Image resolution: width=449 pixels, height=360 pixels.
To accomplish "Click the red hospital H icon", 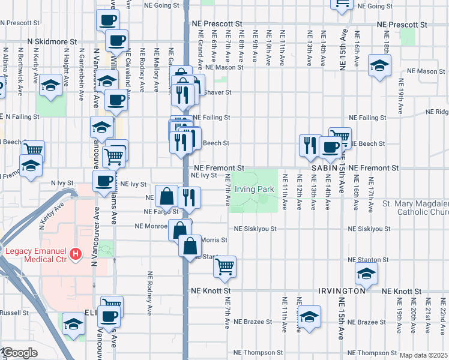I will pos(76,254).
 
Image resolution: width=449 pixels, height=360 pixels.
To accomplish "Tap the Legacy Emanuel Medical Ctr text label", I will pos(36,254).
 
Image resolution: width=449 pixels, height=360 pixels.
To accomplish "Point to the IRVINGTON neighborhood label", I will pos(342,290).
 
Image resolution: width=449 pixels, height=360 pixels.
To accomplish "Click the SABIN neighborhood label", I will pos(325,169).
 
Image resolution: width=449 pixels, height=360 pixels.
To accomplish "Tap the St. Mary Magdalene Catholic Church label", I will pos(415,208).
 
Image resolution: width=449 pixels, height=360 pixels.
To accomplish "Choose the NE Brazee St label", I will pos(253,322).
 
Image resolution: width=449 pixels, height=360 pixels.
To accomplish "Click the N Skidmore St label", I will pos(52,43).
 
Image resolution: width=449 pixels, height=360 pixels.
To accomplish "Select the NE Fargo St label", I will pos(161,212).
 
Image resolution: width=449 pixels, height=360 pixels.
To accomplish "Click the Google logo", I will pos(20,353).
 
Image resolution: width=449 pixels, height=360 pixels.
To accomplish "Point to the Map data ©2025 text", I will pos(423,355).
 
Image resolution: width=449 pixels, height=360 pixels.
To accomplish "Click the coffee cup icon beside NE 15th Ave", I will pos(329,147).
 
